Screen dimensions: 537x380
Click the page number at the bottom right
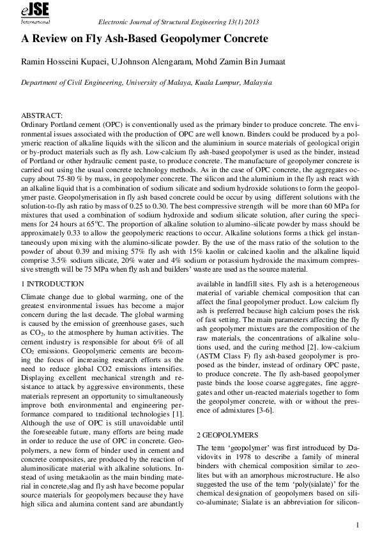tap(360, 526)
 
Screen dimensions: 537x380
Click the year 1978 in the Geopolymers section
tap(239, 457)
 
